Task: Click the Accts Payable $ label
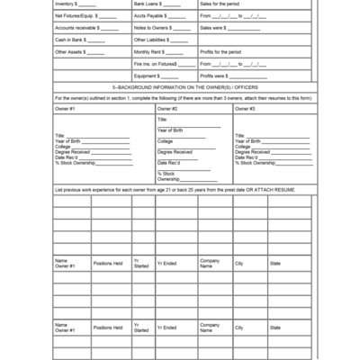151,16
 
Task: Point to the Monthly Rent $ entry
153,52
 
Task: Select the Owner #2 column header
166,108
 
